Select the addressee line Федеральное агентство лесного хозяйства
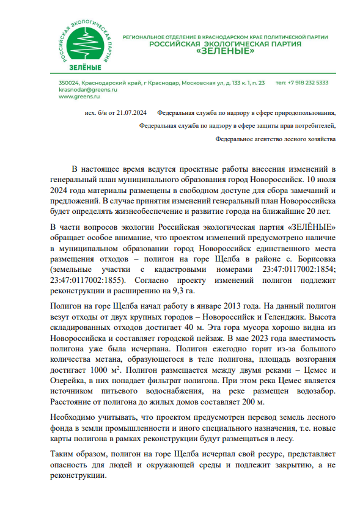276,139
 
